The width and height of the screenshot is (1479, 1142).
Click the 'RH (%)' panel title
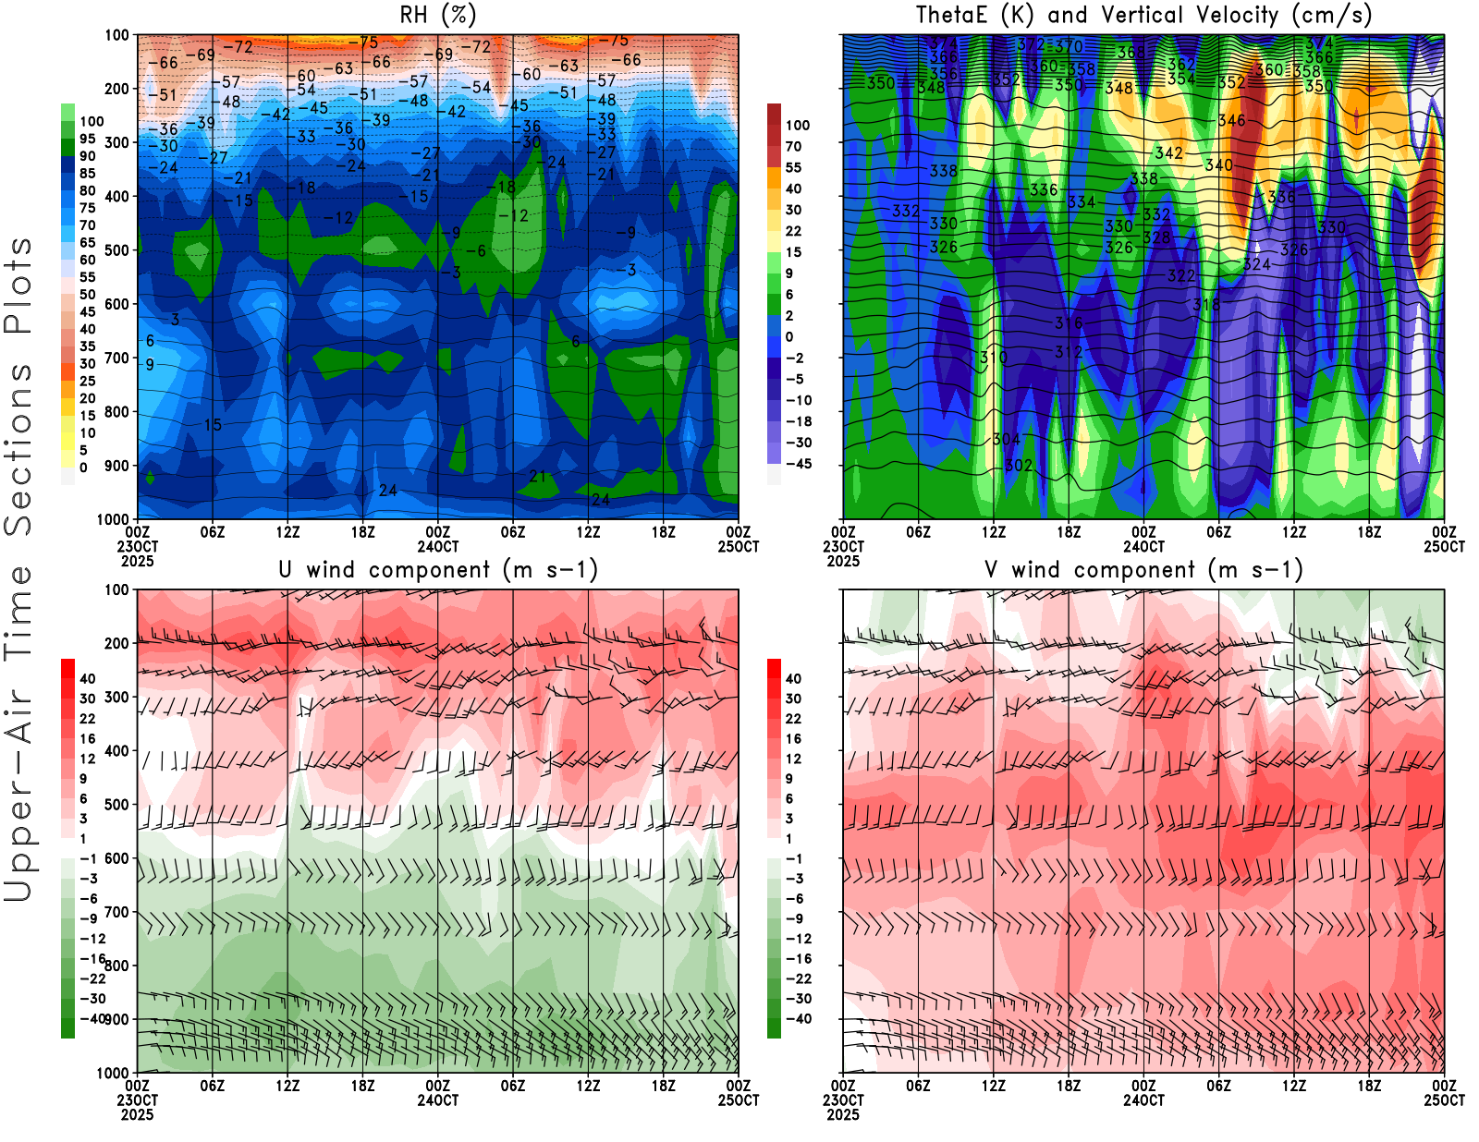(x=437, y=15)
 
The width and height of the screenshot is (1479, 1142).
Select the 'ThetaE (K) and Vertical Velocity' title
(x=1143, y=15)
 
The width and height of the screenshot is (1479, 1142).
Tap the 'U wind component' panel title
(x=437, y=569)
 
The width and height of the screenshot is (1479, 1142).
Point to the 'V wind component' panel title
(x=1143, y=569)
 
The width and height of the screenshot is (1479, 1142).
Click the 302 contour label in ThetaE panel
(x=1018, y=465)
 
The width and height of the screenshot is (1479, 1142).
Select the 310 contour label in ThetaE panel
(x=994, y=358)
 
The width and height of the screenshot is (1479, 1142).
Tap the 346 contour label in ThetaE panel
(x=1231, y=121)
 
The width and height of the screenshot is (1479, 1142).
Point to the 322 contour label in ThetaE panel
(x=1180, y=275)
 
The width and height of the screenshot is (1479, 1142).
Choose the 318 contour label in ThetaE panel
(x=1205, y=304)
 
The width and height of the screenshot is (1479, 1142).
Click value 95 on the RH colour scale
(x=87, y=139)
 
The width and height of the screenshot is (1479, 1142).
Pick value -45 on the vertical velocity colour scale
(x=798, y=464)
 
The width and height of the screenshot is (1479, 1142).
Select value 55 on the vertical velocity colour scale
(x=793, y=167)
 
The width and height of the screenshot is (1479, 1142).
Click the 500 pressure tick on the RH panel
(x=116, y=250)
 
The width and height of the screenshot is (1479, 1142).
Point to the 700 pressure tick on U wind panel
(x=116, y=912)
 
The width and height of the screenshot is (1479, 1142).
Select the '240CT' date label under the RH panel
(x=437, y=546)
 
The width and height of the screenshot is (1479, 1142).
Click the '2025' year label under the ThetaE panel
(x=842, y=561)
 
